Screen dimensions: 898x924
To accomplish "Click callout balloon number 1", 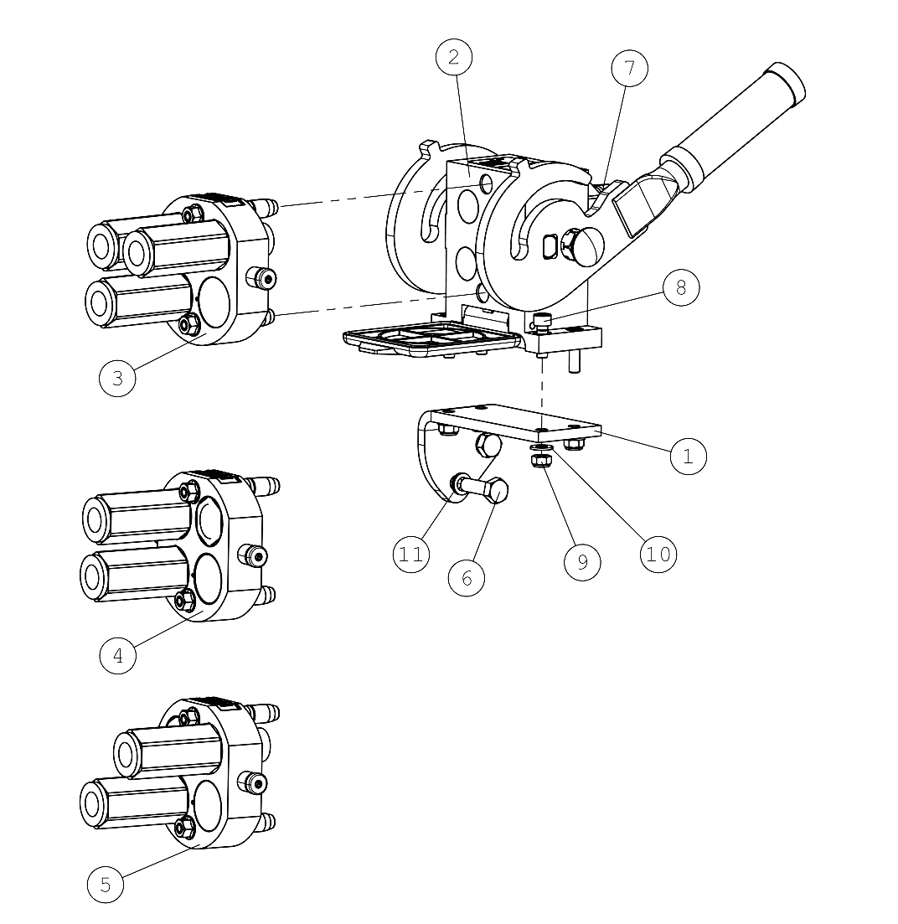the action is pyautogui.click(x=689, y=456).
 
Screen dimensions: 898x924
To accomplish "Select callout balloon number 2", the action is pyautogui.click(x=454, y=57).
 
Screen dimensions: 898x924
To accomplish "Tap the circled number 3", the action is pyautogui.click(x=117, y=379).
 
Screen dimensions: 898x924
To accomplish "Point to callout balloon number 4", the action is pyautogui.click(x=118, y=655).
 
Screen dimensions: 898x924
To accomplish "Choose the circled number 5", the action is pyautogui.click(x=106, y=885).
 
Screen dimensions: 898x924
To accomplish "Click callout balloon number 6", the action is pyautogui.click(x=467, y=578).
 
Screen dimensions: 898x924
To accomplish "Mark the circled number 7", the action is pyautogui.click(x=629, y=68).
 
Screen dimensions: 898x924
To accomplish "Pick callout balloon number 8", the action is pyautogui.click(x=681, y=287).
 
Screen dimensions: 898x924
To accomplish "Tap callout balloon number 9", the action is pyautogui.click(x=582, y=562).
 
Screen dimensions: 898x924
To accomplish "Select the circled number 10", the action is pyautogui.click(x=658, y=554).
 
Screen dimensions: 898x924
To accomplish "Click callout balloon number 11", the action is pyautogui.click(x=411, y=554).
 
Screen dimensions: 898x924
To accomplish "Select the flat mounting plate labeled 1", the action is pyautogui.click(x=515, y=423).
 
